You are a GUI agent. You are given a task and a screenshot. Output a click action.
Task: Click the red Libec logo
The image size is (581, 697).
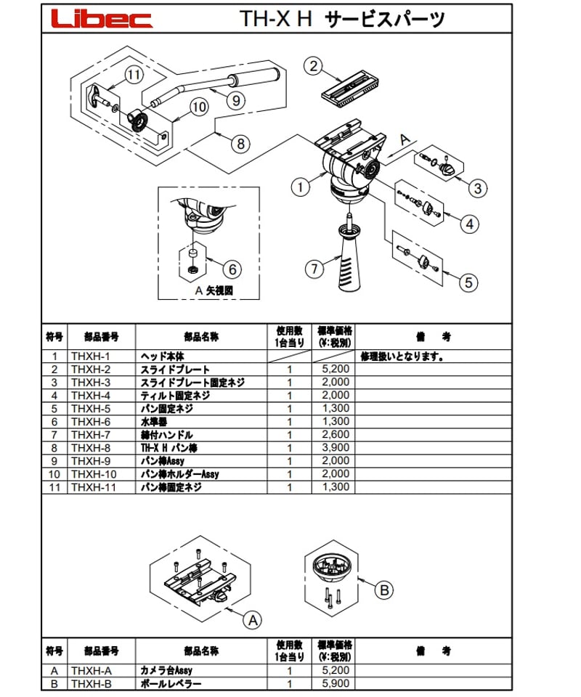point(102,19)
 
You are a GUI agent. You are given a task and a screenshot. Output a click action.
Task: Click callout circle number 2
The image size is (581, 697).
point(312,67)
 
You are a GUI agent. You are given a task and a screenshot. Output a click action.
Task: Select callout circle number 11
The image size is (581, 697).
point(132,74)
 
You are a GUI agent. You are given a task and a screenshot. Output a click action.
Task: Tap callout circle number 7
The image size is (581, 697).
point(314,269)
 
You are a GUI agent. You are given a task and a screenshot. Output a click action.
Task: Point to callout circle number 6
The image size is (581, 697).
point(230,269)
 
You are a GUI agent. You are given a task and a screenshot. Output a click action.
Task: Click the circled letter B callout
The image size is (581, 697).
point(385,590)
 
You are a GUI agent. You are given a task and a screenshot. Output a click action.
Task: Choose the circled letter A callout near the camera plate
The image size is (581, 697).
point(252,620)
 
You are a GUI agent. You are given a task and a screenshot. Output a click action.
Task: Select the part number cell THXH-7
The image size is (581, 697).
point(91,435)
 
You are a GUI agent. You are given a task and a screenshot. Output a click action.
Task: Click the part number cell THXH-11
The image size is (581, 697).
point(94,487)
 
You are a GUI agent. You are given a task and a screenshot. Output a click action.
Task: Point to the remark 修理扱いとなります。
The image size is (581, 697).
point(402,356)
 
